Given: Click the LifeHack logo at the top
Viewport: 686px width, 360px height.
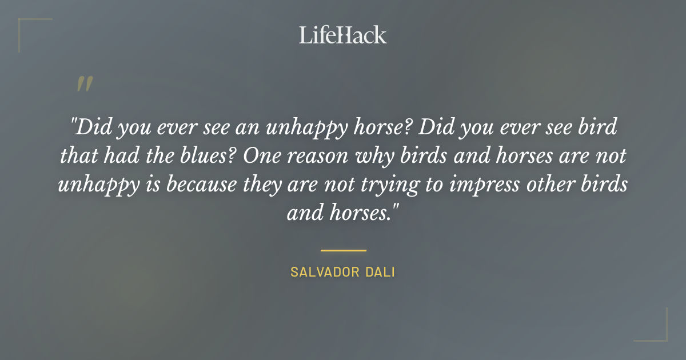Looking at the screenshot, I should (343, 35).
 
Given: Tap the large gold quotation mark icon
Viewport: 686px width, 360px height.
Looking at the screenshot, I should (84, 85).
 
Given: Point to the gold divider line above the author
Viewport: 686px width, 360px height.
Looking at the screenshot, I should (343, 250).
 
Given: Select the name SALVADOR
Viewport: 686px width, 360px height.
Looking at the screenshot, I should (322, 272).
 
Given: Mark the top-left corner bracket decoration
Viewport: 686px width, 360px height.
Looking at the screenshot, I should (29, 27).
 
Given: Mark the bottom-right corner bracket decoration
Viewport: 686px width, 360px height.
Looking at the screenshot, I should (657, 333).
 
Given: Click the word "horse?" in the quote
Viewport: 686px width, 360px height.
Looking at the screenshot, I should (370, 127).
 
